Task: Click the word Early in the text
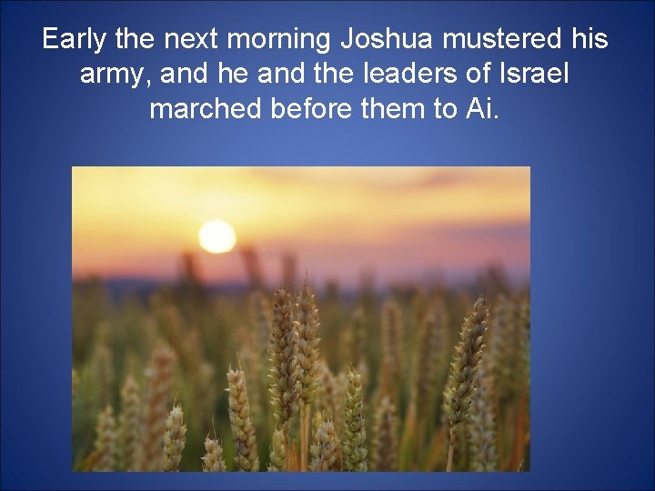(x=75, y=40)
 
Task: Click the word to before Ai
(x=447, y=108)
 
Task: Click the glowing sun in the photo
(x=217, y=235)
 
